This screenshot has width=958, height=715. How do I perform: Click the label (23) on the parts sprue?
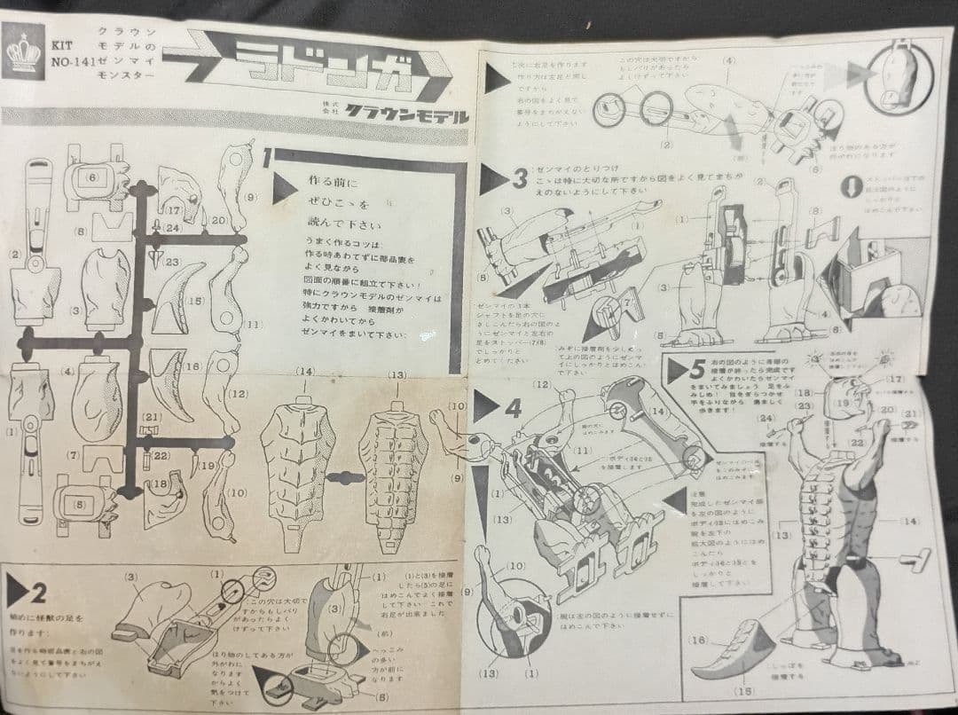172,263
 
